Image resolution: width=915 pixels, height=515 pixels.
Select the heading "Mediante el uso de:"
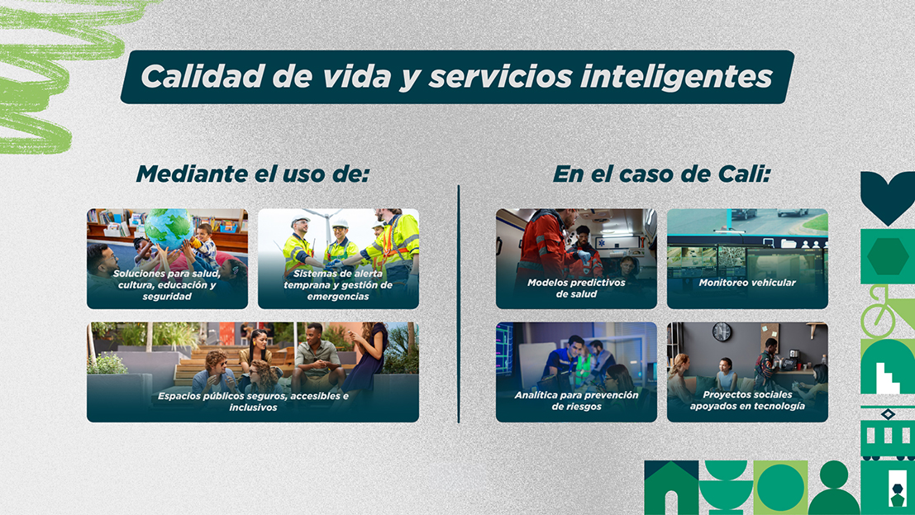[253, 174]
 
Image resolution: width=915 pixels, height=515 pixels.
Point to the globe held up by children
[169, 227]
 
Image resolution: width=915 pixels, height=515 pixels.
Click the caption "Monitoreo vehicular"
[747, 283]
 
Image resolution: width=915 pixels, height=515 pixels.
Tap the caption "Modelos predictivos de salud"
[577, 288]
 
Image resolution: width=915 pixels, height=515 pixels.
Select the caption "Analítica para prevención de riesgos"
[577, 401]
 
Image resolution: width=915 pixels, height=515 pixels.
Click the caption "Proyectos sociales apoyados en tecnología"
[747, 400]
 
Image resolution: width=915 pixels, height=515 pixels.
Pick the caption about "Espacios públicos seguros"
[253, 401]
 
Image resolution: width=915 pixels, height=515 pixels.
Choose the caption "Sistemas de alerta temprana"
[338, 285]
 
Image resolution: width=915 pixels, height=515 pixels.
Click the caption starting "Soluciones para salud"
[167, 285]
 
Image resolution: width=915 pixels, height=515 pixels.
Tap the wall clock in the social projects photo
[722, 331]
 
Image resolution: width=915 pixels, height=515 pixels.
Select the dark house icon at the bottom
[672, 488]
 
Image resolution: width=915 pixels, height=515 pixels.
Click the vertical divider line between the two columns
[459, 304]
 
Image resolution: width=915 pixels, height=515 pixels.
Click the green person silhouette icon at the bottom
[835, 489]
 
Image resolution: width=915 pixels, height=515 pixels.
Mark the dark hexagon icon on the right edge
[888, 256]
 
